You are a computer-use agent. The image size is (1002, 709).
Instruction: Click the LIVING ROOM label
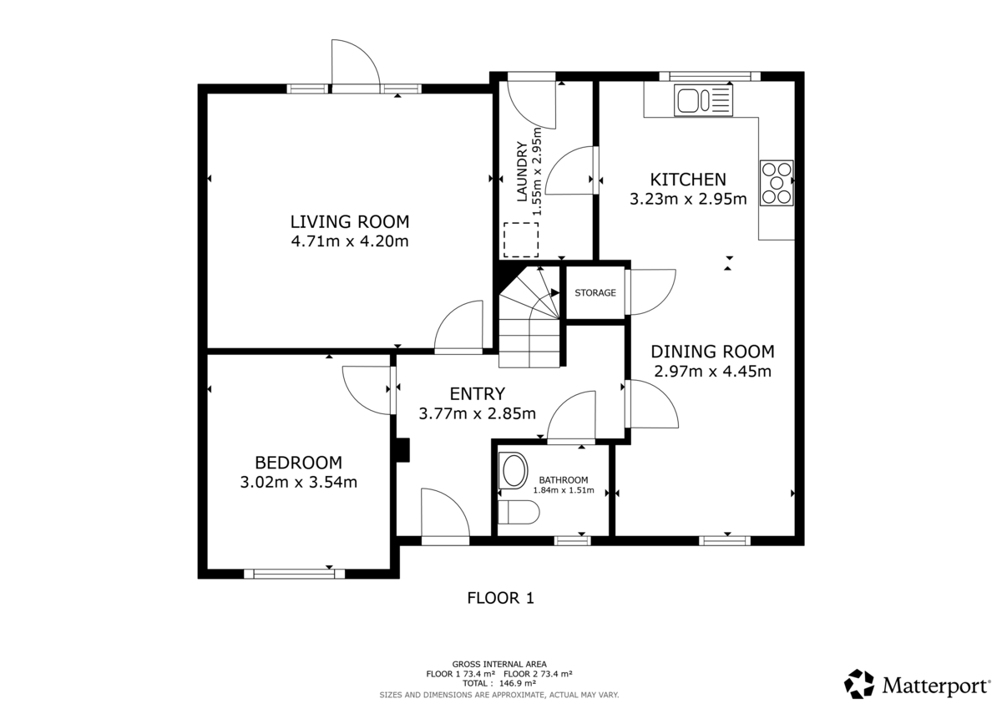(x=350, y=222)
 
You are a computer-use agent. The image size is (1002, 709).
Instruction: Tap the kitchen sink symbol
(x=703, y=101)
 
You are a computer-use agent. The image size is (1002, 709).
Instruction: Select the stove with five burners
(x=777, y=183)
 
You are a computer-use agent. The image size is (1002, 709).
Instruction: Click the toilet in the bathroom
(x=518, y=512)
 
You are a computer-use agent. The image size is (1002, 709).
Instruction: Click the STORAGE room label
(x=595, y=293)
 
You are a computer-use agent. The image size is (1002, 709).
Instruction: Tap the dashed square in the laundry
(x=521, y=240)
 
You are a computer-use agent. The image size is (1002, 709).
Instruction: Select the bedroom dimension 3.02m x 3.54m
(x=298, y=482)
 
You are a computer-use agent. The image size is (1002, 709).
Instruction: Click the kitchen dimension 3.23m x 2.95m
(x=688, y=199)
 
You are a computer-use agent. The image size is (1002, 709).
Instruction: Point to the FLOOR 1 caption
(x=500, y=598)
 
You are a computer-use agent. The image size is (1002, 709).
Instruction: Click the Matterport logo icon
(x=859, y=684)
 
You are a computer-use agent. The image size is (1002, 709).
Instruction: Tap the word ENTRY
(x=478, y=394)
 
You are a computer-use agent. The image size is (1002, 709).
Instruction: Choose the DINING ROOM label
(x=712, y=352)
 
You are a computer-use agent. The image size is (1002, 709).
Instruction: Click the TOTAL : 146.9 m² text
(x=499, y=683)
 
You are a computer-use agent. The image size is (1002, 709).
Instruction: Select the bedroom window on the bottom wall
(x=294, y=574)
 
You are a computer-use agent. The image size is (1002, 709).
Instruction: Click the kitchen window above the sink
(x=710, y=76)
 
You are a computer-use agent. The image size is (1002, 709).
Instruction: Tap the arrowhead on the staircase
(x=555, y=293)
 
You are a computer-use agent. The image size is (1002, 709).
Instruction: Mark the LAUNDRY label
(x=522, y=171)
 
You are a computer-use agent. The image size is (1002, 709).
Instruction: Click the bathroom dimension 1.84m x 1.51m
(x=563, y=490)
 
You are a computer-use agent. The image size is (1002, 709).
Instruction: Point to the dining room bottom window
(x=725, y=541)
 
